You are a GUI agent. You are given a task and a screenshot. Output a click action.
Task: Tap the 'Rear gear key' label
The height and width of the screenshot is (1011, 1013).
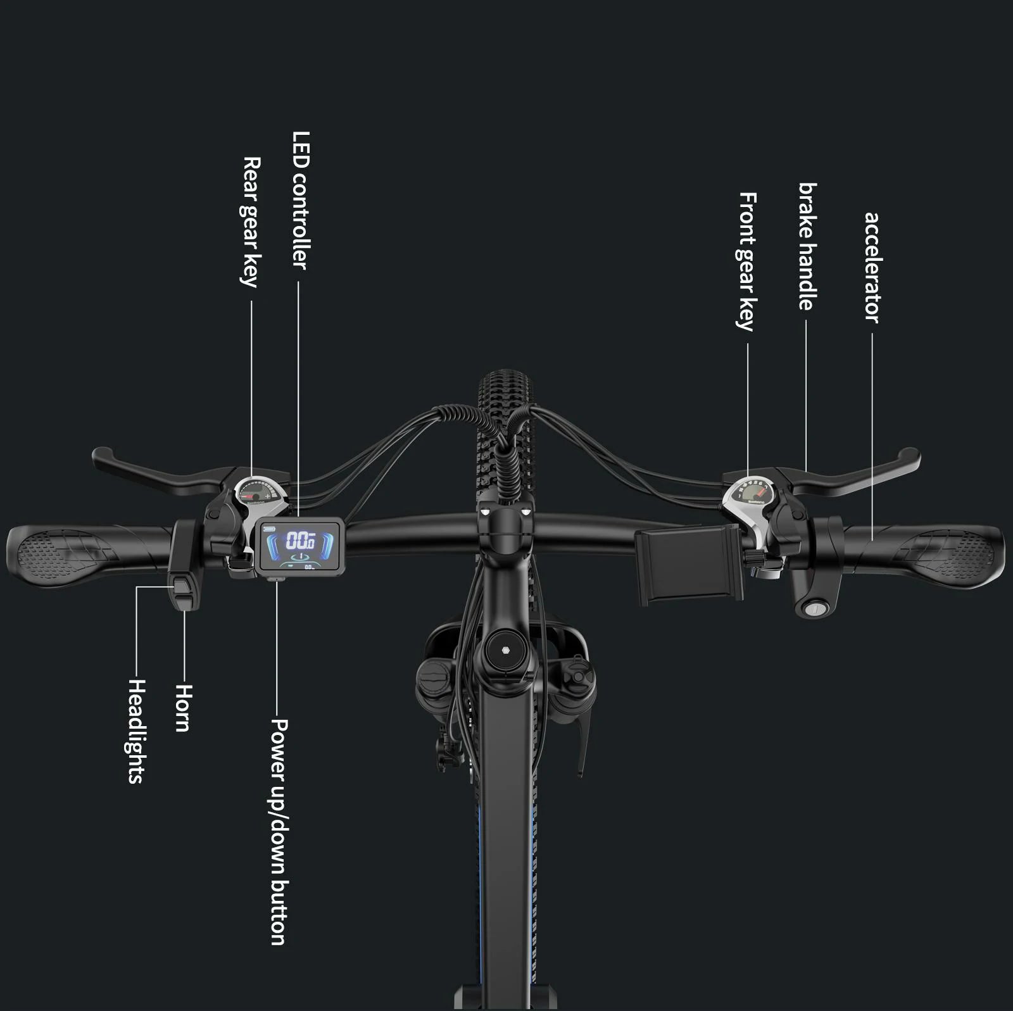point(251,222)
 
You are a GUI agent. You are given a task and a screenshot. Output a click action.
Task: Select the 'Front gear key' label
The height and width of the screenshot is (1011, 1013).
point(747,261)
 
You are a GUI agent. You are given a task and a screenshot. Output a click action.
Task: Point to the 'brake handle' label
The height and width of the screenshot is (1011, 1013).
point(807,246)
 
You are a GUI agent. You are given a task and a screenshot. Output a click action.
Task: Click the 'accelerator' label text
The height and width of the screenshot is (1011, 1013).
point(872,267)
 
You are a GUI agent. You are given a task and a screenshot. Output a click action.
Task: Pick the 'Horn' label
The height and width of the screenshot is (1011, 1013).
point(182,707)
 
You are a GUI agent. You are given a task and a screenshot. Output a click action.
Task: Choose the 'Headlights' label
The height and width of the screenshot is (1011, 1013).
point(137,731)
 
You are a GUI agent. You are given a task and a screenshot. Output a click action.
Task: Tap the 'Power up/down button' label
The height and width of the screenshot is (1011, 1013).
point(279,831)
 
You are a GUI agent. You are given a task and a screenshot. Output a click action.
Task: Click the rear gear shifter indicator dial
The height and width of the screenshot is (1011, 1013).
point(257,491)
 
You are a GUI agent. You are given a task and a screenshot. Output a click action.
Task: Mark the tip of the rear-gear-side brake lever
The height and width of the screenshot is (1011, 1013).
point(101,456)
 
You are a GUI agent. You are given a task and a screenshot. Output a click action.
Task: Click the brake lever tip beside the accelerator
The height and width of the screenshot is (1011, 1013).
point(911,457)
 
